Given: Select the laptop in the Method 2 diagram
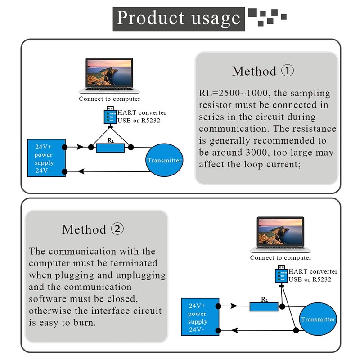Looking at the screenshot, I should coord(280,234).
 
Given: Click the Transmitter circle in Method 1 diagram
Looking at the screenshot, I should coord(164,160).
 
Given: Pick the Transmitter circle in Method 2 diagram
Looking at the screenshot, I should coord(318,319).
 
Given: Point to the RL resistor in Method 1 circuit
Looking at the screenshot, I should coord(110,148).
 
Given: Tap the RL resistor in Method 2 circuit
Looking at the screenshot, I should coord(264,306).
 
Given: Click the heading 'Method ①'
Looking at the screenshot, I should coord(263,71).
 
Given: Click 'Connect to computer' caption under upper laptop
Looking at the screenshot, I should coord(110,99).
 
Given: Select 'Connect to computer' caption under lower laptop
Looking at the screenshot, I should coord(280,258).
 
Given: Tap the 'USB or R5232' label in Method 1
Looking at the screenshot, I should coord(139,121).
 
